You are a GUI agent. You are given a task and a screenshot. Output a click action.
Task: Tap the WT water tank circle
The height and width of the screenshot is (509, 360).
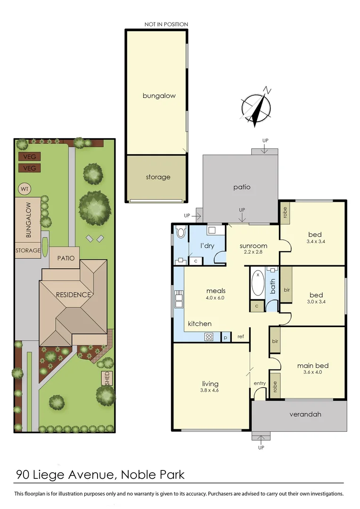(x=25, y=189)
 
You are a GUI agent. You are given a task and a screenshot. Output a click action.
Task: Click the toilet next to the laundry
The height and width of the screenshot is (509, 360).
(x=181, y=233)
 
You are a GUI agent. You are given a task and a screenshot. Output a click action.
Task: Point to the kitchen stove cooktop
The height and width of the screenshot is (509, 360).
(x=209, y=337)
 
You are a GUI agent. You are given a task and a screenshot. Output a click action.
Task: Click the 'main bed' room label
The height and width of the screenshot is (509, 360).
(x=312, y=365)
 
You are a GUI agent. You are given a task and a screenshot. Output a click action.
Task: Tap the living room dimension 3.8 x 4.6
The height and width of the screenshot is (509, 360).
(x=210, y=390)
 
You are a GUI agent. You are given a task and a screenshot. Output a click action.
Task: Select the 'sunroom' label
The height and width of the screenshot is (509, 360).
(x=253, y=246)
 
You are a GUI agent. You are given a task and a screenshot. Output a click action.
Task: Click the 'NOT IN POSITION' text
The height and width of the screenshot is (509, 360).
(x=166, y=25)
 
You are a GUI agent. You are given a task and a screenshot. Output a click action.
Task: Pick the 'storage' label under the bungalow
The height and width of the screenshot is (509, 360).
(x=157, y=177)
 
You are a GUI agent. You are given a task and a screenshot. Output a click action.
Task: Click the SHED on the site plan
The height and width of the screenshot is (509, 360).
(x=107, y=378)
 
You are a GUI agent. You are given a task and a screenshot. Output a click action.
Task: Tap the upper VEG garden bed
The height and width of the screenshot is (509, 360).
(x=29, y=157)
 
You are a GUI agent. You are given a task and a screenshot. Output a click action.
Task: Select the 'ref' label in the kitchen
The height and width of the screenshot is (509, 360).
(x=240, y=337)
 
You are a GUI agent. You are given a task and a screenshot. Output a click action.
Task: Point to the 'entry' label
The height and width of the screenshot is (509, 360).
(x=260, y=383)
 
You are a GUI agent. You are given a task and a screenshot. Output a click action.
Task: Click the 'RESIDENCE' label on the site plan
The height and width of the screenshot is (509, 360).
(x=73, y=295)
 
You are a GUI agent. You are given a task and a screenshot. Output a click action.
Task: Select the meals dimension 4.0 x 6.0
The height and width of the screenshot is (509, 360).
(x=215, y=298)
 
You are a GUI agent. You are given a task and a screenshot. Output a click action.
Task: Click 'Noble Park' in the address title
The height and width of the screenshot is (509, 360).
(x=153, y=474)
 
